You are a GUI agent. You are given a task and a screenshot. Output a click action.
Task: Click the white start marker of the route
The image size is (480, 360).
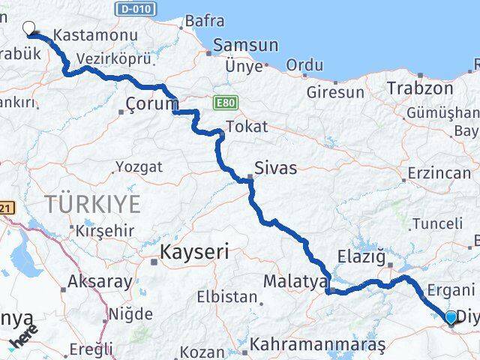coord(29,28)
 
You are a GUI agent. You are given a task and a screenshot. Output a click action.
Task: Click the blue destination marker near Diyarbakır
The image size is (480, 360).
coord(451,318)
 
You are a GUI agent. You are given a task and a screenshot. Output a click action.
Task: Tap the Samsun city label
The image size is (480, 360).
coord(245,45)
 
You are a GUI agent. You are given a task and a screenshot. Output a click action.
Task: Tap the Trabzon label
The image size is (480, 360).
coord(420,88)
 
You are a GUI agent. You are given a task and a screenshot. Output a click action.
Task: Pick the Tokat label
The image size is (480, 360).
coord(246,127)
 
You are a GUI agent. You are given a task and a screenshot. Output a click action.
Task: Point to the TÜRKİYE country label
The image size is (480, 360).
coord(93,203)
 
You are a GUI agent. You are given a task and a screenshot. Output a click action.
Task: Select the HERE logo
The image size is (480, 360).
coord(23,340)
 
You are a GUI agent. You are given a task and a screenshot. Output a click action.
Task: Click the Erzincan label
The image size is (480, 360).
coord(439,172)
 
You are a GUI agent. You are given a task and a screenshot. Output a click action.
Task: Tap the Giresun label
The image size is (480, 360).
coord(335,92)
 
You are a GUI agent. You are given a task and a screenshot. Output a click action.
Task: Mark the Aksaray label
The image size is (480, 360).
coord(100,282)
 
